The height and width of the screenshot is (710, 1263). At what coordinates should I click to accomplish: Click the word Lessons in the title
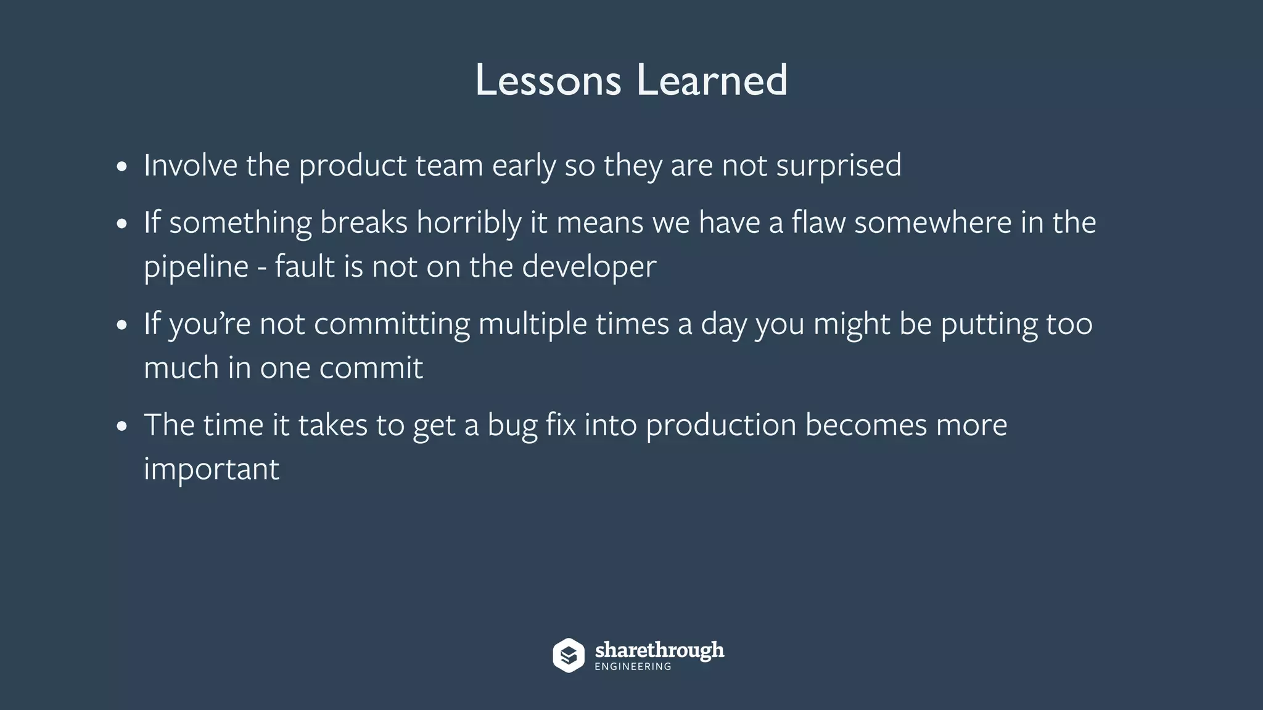(548, 80)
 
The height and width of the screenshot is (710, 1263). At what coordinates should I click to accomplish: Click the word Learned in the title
(712, 80)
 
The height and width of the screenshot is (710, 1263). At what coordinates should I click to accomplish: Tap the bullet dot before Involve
(122, 167)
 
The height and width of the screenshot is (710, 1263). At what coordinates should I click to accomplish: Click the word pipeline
(196, 267)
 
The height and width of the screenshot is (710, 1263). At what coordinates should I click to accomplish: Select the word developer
(588, 267)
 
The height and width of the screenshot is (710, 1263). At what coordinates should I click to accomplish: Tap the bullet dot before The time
(122, 426)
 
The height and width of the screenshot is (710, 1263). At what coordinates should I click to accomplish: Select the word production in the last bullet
(720, 426)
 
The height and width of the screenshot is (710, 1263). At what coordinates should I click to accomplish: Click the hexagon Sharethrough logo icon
(568, 655)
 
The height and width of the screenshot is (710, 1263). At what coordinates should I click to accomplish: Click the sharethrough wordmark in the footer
(659, 650)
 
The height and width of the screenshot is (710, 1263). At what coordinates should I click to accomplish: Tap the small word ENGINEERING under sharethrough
(633, 667)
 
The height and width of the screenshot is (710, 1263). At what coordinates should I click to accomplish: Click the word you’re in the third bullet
(210, 325)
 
